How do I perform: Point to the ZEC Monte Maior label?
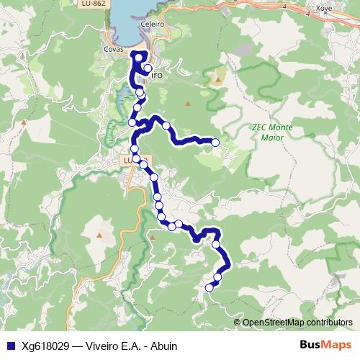[x=272, y=132]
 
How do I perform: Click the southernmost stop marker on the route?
[x=210, y=288]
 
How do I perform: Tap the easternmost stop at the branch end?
[x=215, y=143]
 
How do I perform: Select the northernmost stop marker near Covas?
[x=138, y=55]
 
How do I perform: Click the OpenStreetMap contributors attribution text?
[x=297, y=323]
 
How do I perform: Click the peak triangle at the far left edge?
[x=24, y=122]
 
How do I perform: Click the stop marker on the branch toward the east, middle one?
[x=166, y=126]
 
